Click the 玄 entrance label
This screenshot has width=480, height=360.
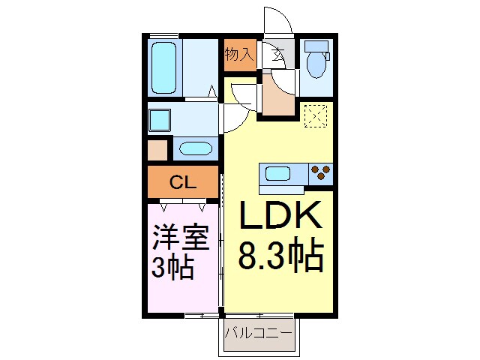(x=277, y=55)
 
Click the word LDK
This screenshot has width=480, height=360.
(x=280, y=218)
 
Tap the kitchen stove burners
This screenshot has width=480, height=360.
(x=321, y=172)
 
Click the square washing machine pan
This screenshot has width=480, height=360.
(x=160, y=120)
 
